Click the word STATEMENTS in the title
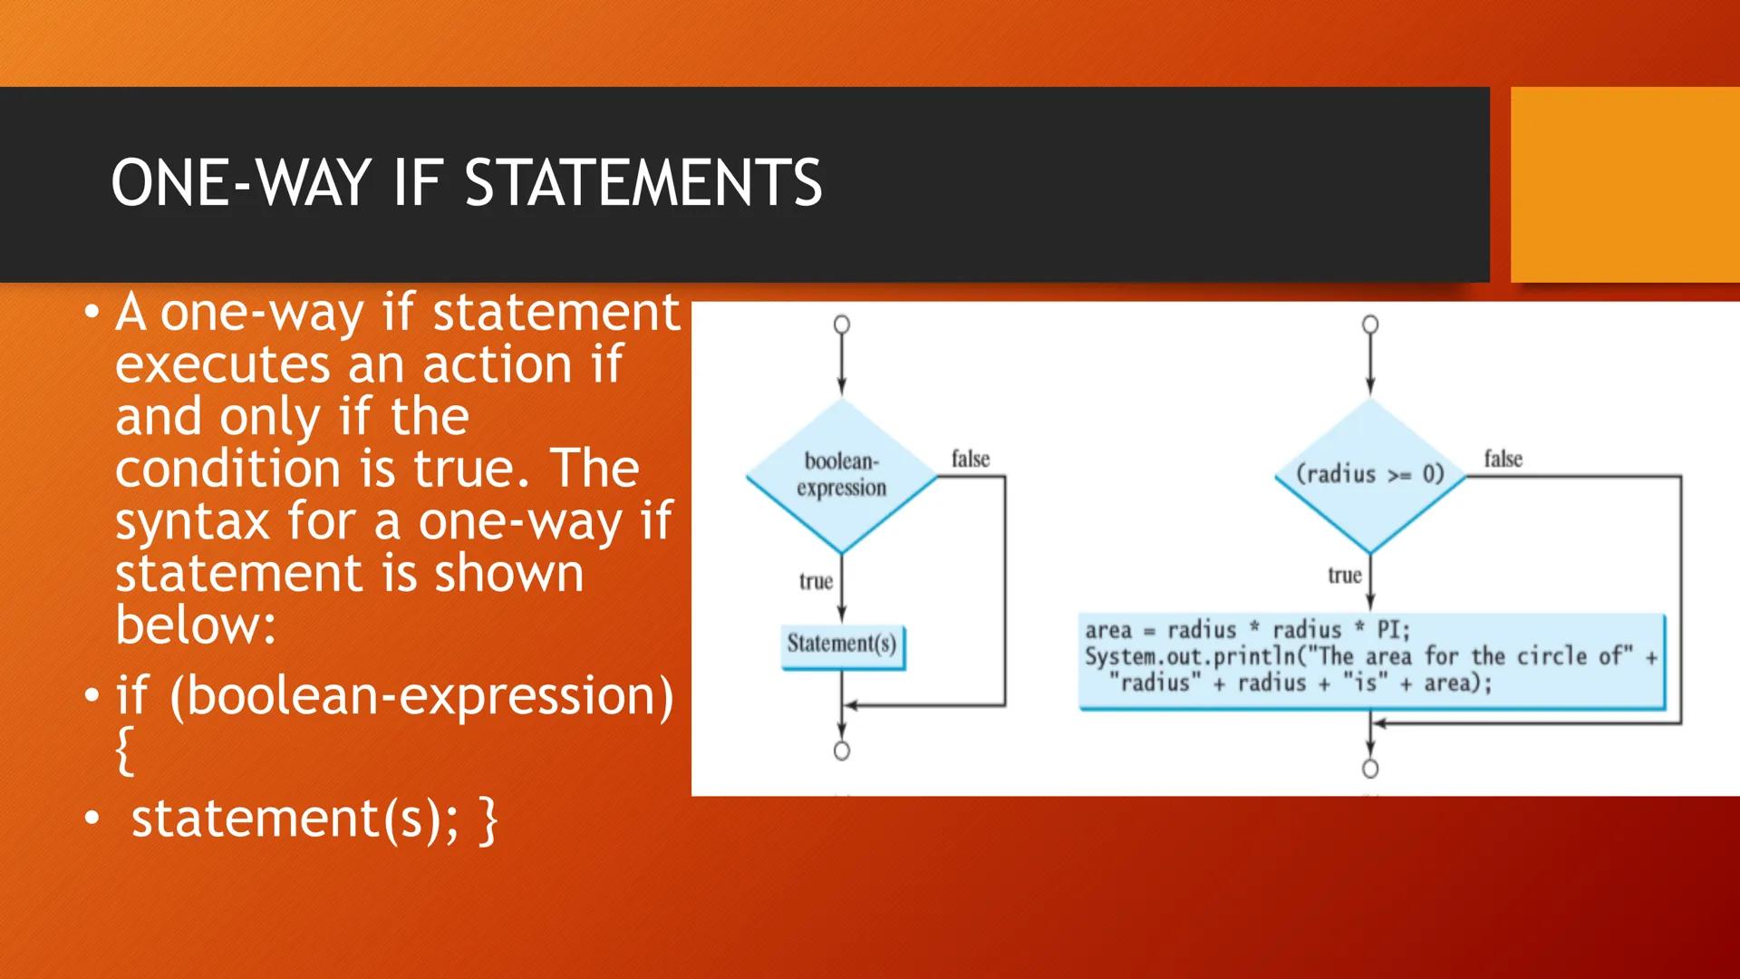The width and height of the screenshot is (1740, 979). click(x=643, y=183)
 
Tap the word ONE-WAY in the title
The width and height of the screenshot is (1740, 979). click(x=240, y=183)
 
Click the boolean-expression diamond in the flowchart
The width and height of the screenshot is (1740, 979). click(x=842, y=476)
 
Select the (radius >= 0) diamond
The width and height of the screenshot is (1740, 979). click(x=1370, y=476)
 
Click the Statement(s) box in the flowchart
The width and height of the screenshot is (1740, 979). click(x=842, y=646)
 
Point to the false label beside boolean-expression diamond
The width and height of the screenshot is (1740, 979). click(x=971, y=460)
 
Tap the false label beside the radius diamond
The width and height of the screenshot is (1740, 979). click(x=1503, y=460)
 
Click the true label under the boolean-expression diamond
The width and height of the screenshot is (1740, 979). click(x=816, y=581)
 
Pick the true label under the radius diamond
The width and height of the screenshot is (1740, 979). click(x=1345, y=576)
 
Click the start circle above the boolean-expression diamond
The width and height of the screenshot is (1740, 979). click(x=842, y=325)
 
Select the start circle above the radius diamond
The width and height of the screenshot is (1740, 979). click(x=1370, y=325)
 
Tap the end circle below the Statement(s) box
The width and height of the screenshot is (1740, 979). click(x=842, y=751)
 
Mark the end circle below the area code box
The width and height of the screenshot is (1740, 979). click(x=1370, y=769)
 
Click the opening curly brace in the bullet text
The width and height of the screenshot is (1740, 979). click(x=126, y=751)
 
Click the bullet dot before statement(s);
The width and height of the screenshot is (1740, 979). click(x=92, y=819)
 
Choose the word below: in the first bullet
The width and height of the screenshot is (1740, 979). click(x=196, y=625)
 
